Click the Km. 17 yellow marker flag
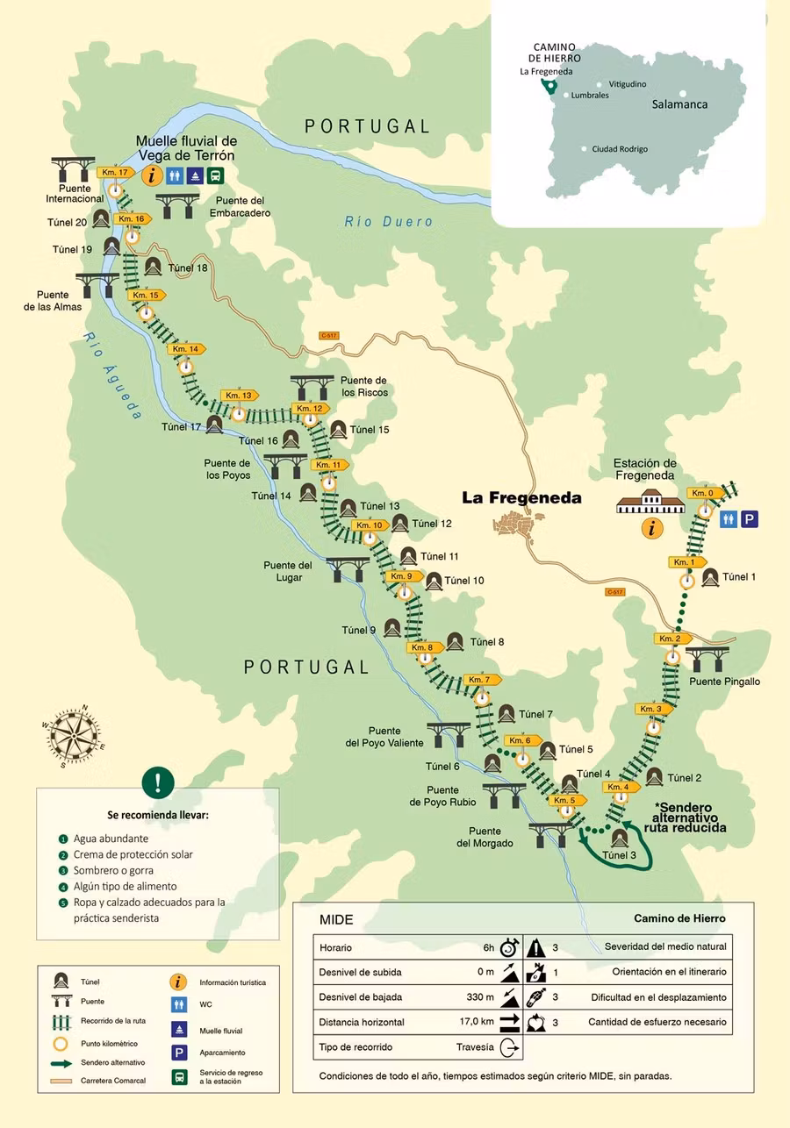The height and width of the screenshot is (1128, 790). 115,173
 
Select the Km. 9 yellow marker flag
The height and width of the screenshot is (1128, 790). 403,576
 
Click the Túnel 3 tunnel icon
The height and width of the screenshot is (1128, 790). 620,837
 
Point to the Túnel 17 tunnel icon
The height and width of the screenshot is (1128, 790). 214,425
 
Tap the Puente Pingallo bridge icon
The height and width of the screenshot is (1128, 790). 704,657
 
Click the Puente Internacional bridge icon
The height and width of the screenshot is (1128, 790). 73,168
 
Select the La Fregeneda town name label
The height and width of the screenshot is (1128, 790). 521,497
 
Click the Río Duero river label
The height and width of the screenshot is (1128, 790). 388,221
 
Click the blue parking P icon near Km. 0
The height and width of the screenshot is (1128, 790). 749,519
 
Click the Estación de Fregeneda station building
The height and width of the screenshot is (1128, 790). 650,503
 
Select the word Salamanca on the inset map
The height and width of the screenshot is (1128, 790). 679,104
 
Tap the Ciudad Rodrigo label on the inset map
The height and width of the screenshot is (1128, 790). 619,149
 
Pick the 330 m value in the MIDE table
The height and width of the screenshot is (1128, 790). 479,997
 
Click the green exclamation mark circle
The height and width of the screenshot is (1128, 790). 158,782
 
